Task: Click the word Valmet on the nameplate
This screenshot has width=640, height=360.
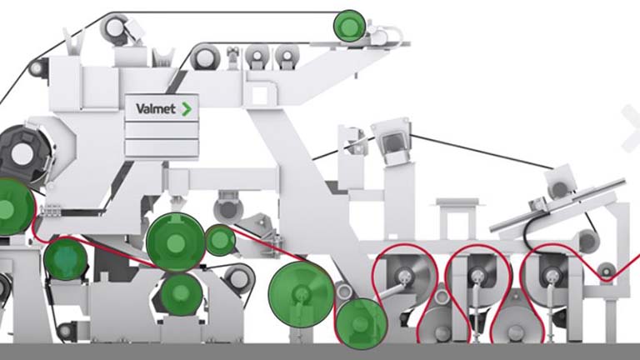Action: click(157, 108)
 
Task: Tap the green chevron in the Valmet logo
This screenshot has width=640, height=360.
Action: click(187, 108)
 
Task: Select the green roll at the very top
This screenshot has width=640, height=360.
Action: click(349, 26)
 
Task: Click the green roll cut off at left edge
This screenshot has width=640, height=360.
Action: click(12, 207)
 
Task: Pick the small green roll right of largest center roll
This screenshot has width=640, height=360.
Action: click(220, 240)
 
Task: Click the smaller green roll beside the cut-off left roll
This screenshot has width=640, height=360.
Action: click(66, 258)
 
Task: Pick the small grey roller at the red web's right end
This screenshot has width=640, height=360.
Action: click(607, 270)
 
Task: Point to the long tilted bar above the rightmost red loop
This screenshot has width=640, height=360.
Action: click(558, 204)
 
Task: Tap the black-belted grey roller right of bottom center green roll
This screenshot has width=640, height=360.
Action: click(238, 277)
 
